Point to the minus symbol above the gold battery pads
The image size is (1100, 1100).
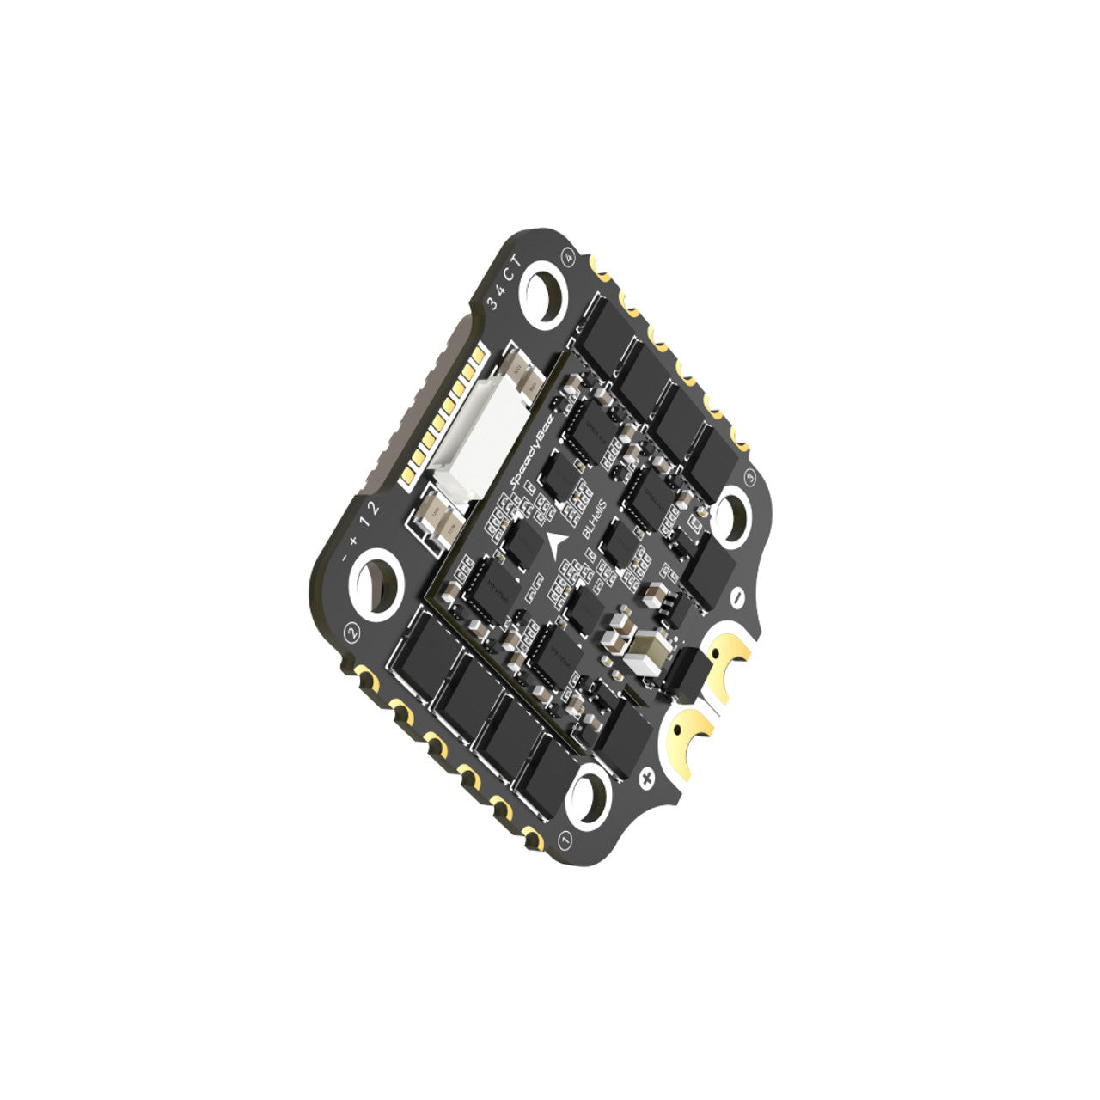click(736, 595)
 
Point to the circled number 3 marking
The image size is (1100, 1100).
click(749, 474)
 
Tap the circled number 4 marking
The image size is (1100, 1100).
click(569, 255)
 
